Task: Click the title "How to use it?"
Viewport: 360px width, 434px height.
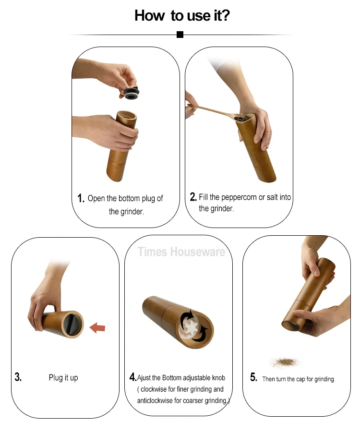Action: (x=182, y=15)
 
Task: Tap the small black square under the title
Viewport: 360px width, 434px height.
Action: (x=180, y=35)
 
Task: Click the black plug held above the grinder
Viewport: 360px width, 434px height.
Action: (x=131, y=93)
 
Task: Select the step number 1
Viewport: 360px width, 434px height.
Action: (x=81, y=198)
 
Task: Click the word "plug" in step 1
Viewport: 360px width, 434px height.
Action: (x=148, y=199)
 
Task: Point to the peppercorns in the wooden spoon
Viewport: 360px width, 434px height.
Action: (x=241, y=119)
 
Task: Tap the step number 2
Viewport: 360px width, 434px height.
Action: (x=193, y=197)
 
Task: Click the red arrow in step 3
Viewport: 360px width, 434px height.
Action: (x=97, y=328)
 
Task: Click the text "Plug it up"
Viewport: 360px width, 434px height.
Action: (x=63, y=378)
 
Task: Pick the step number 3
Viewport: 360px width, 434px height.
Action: (x=18, y=377)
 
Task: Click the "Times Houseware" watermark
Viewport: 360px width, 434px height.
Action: (x=181, y=252)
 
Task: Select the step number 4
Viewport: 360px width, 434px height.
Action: (x=133, y=377)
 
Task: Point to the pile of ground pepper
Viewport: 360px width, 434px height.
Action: (x=285, y=362)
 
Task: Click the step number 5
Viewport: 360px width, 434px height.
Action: (x=253, y=377)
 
